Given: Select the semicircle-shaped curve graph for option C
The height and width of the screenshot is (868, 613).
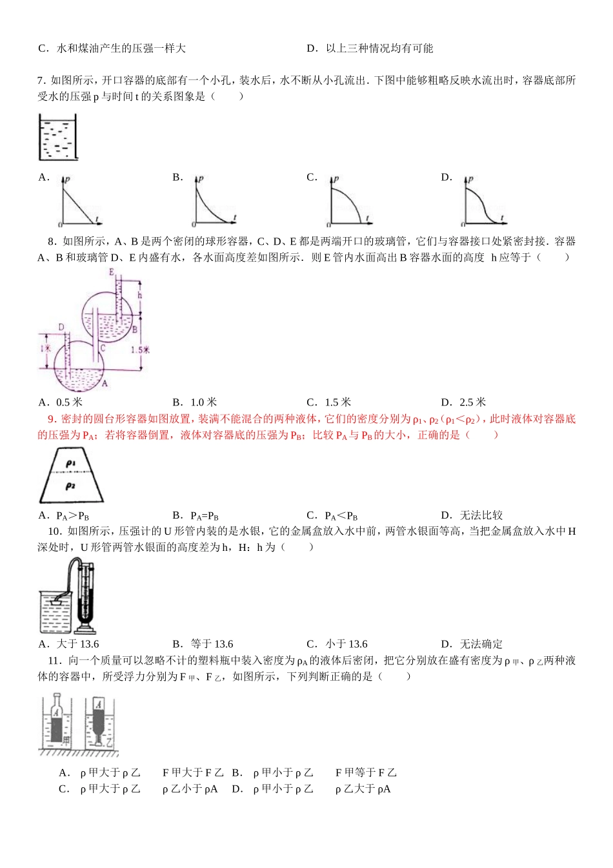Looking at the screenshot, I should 347,203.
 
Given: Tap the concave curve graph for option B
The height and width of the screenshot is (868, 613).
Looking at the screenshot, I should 213,203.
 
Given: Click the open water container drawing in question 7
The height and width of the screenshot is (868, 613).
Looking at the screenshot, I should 57,137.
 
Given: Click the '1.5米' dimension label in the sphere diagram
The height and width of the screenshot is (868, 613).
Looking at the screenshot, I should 140,349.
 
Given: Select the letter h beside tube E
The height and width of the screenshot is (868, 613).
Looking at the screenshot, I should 139,295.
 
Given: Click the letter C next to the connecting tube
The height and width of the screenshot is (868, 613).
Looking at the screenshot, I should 103,348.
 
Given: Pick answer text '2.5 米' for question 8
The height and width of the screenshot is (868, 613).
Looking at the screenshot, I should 472,402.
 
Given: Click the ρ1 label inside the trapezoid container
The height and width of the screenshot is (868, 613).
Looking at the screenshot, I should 71,464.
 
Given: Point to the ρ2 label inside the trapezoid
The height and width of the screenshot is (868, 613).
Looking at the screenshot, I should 70,486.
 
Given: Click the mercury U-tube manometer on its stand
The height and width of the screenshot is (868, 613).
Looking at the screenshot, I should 85,598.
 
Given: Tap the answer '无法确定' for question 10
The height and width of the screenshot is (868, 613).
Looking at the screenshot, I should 481,644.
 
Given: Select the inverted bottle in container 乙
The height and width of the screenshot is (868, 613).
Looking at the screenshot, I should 99,716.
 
